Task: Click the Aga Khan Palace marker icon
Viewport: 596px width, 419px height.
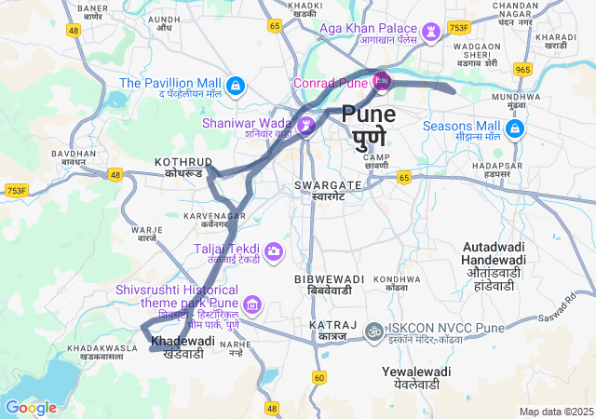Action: pyautogui.click(x=431, y=31)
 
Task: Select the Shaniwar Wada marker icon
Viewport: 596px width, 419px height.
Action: pyautogui.click(x=306, y=124)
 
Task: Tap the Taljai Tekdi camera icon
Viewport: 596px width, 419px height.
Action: pyautogui.click(x=274, y=251)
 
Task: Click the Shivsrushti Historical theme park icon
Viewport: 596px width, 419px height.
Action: pyautogui.click(x=252, y=304)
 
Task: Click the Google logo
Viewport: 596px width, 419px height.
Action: pyautogui.click(x=31, y=407)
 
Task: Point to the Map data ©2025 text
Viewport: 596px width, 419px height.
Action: pyautogui.click(x=556, y=412)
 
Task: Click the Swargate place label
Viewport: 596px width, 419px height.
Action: pyautogui.click(x=320, y=190)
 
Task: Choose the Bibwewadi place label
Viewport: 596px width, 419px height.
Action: pyautogui.click(x=330, y=284)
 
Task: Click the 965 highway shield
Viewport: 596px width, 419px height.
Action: pyautogui.click(x=522, y=70)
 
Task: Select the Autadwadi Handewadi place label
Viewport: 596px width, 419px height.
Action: pyautogui.click(x=494, y=265)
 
